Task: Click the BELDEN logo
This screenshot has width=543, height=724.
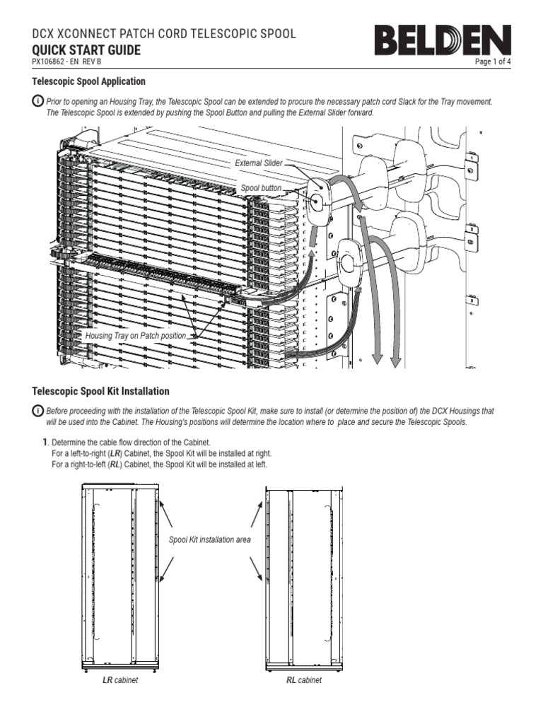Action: coord(443,40)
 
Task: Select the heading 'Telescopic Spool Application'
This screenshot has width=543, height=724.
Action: coord(89,82)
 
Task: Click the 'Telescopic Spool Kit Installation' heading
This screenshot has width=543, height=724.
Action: coord(101,391)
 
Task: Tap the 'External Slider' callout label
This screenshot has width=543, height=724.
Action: coord(258,163)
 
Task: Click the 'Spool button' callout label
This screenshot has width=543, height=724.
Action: coord(261,189)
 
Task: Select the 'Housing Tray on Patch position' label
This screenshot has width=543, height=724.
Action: coord(136,336)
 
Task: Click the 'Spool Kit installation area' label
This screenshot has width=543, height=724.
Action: coord(209,539)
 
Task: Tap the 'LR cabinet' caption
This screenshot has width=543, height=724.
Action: coord(119,681)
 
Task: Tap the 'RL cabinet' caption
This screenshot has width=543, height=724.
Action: coord(303,681)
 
